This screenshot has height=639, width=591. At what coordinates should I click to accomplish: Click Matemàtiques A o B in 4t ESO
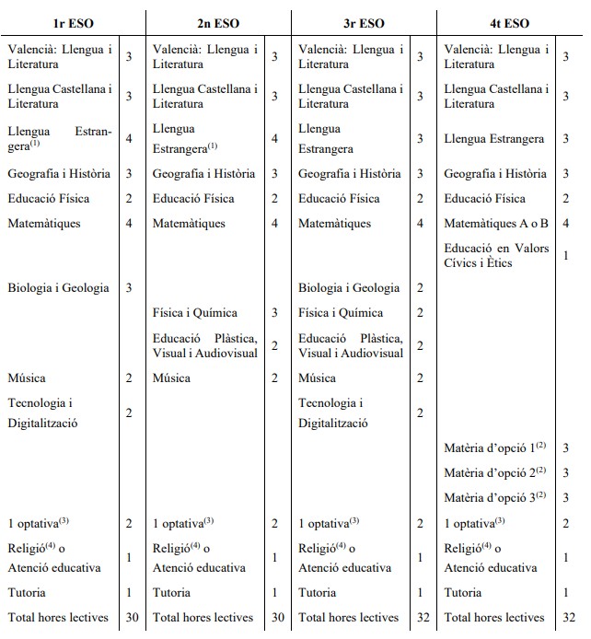tap(496, 224)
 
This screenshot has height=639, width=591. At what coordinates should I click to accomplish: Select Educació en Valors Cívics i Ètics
tap(496, 255)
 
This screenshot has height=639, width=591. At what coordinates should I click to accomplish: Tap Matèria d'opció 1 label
tap(494, 447)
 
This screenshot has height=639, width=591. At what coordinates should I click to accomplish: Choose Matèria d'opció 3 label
tap(494, 497)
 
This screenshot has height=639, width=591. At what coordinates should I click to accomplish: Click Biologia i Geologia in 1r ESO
tap(58, 288)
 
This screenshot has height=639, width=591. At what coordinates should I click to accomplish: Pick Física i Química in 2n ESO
tap(195, 313)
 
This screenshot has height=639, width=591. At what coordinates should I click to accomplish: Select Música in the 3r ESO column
tap(318, 378)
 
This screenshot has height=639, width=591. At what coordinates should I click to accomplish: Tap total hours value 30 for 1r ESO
tap(132, 618)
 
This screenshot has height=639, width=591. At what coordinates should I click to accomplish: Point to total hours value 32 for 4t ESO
tap(568, 618)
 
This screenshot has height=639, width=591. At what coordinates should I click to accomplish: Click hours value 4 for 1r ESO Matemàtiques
tap(129, 224)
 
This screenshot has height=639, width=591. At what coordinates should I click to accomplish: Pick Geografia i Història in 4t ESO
tap(494, 174)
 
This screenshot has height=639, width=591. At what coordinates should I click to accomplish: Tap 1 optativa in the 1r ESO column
tap(39, 524)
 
